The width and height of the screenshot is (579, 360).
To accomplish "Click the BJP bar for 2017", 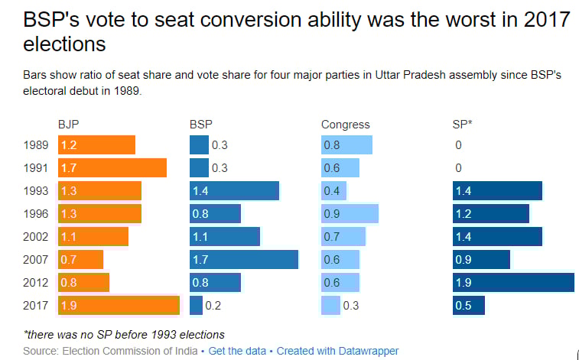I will tap(119, 306).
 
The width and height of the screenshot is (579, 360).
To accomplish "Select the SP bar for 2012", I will tap(512, 283).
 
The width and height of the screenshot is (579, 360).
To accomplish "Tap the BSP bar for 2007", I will tap(243, 260).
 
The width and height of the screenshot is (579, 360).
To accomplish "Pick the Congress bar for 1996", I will tap(349, 214).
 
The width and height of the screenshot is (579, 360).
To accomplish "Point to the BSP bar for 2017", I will tap(196, 306).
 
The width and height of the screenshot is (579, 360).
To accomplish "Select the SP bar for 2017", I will tap(468, 306).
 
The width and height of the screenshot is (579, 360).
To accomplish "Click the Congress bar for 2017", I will tap(330, 306).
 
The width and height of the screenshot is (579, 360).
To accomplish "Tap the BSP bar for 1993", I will tap(234, 191).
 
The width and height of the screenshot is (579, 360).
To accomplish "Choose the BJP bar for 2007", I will tap(80, 260).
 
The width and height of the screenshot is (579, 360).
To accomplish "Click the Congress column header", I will tap(345, 125).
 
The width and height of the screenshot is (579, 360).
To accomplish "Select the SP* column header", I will tap(462, 125).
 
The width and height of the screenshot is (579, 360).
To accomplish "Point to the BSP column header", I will tap(200, 125).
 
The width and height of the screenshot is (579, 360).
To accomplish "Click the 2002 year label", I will tap(37, 237).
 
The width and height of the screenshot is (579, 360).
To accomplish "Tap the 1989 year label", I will tap(37, 145).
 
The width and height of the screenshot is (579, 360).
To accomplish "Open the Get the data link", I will tap(239, 351).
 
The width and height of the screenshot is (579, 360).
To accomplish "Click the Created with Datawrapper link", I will tap(337, 351).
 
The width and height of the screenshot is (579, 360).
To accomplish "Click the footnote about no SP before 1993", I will tap(125, 335).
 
